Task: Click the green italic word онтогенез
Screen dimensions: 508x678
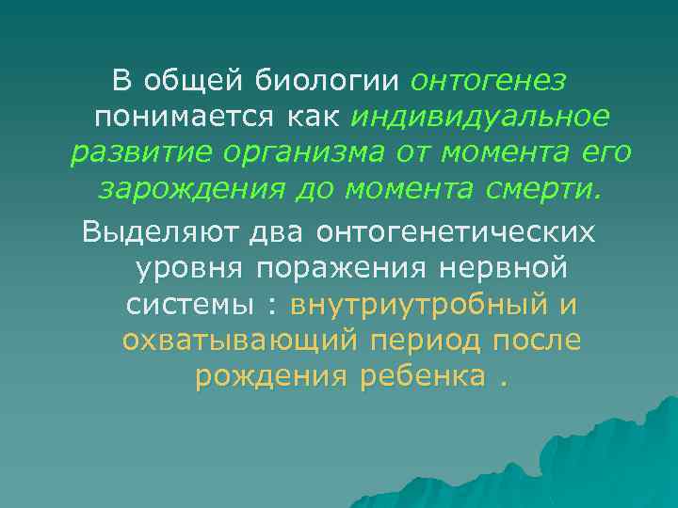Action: [489, 82]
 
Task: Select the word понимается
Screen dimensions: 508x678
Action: [172, 118]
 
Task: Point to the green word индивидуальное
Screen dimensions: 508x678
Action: [480, 118]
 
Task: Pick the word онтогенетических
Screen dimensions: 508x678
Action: [457, 232]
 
